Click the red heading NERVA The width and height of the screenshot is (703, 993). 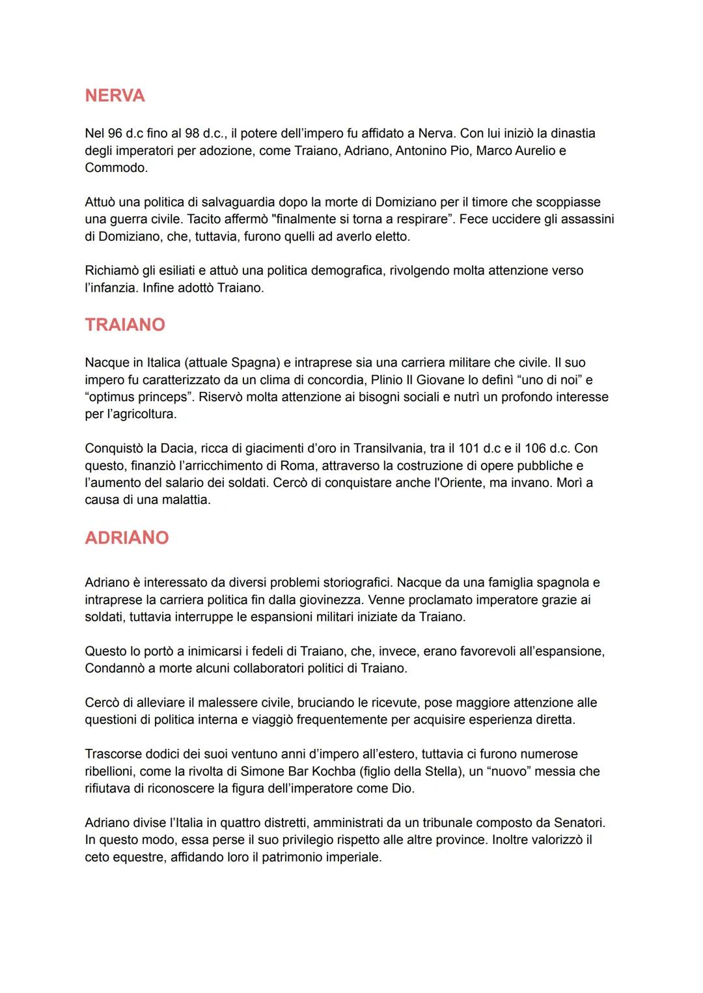115,96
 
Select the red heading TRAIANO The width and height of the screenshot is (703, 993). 125,324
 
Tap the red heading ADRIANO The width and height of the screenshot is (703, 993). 127,537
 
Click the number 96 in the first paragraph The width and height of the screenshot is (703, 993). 115,133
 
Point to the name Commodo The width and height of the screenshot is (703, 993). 115,167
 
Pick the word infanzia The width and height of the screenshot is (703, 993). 111,288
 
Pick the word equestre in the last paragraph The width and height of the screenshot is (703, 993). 137,857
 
